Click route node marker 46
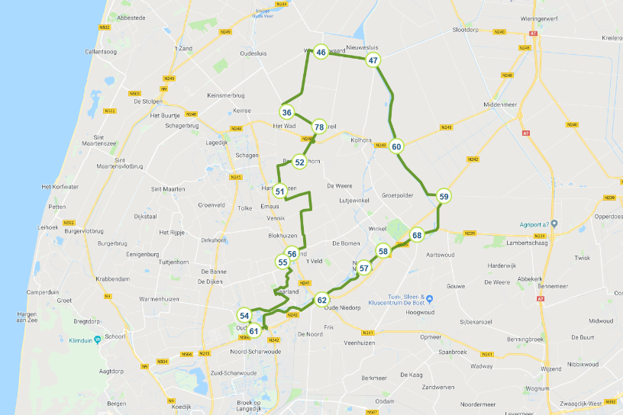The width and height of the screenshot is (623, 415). click(x=321, y=52)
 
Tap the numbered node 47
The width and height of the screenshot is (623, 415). click(x=373, y=60)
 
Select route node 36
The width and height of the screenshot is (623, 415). click(x=286, y=112)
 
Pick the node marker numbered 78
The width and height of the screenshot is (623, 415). click(x=319, y=127)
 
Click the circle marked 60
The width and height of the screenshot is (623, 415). click(x=396, y=146)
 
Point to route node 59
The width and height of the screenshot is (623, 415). click(x=444, y=196)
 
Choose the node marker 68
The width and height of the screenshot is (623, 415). click(x=416, y=235)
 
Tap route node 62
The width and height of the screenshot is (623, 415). click(x=322, y=300)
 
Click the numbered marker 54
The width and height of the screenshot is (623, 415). click(x=244, y=315)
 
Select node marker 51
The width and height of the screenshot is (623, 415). click(x=280, y=191)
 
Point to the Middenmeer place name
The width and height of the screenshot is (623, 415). click(x=500, y=105)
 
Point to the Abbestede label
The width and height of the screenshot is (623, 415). click(x=131, y=17)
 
